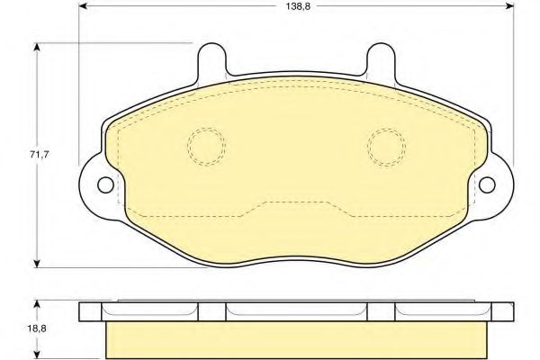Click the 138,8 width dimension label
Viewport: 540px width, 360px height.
coord(298,6)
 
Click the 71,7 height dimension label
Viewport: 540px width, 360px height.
coord(40,155)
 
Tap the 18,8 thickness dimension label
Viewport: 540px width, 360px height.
coord(37,328)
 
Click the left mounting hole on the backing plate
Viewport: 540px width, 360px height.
coord(105,185)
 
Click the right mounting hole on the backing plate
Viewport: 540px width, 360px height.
coord(487,185)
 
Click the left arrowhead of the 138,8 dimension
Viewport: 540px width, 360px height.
coord(83,6)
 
